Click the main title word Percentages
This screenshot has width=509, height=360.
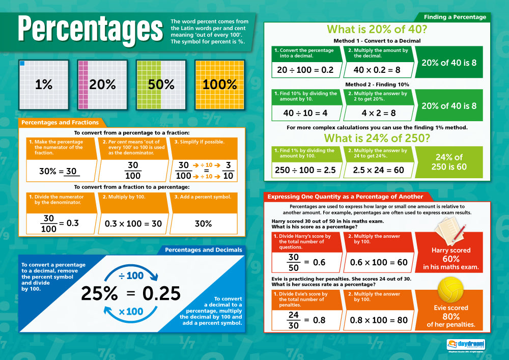(x=87, y=30)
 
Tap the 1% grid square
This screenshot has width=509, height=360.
(x=44, y=85)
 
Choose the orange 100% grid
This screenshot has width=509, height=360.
(x=220, y=85)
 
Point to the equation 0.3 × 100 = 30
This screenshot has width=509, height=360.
(x=133, y=224)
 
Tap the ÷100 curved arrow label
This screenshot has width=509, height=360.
(x=131, y=275)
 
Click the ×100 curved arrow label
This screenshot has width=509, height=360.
(x=131, y=311)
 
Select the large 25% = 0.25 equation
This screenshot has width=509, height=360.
(x=131, y=293)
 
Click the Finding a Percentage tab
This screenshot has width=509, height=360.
(x=455, y=17)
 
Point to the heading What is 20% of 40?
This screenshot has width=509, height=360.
(x=377, y=29)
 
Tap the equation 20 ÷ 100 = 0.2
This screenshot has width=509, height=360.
(x=305, y=69)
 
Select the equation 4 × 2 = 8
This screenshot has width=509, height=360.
(x=378, y=113)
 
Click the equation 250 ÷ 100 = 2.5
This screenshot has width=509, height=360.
(x=305, y=170)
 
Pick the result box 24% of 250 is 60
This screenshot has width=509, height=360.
(x=448, y=162)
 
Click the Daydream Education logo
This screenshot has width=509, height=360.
(x=465, y=345)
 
